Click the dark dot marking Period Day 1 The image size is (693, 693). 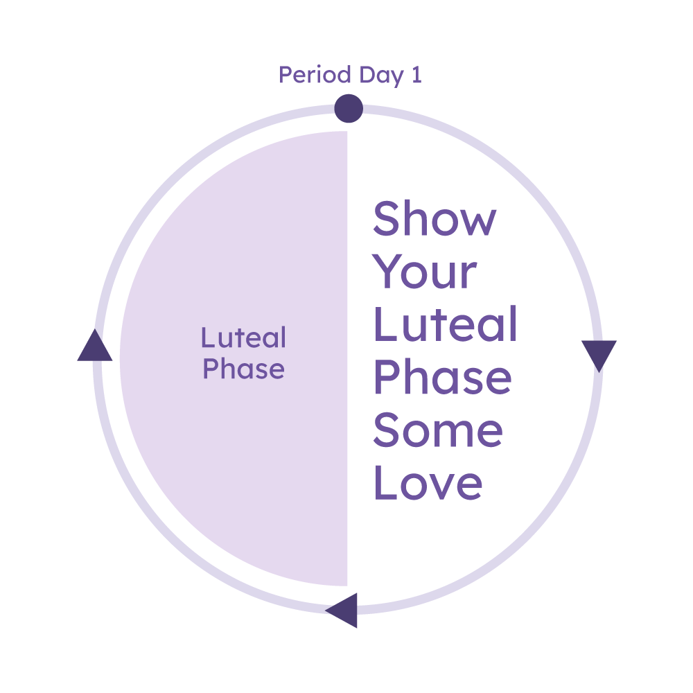tap(349, 109)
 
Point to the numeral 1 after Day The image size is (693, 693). tap(416, 75)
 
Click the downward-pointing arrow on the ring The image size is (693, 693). tap(599, 355)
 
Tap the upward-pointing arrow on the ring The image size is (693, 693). tap(95, 346)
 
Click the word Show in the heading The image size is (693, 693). tap(435, 218)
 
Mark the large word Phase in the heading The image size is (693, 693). tap(442, 377)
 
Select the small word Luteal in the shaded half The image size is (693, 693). tap(243, 338)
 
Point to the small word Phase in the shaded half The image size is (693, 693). tap(243, 369)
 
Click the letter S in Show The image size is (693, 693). tap(389, 218)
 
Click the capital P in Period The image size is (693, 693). tap(286, 75)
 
